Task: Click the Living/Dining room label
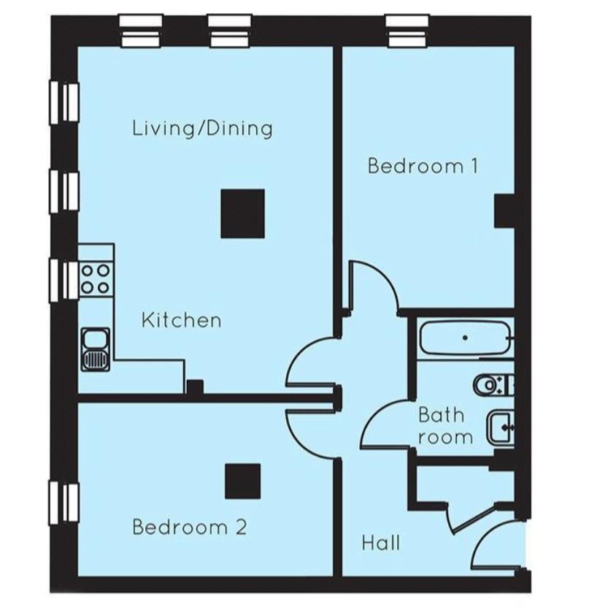click(x=202, y=129)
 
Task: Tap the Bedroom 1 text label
click(x=423, y=166)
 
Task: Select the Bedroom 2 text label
click(x=189, y=527)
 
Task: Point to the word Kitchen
click(x=181, y=320)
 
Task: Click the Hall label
click(x=381, y=543)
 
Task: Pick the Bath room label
click(x=442, y=426)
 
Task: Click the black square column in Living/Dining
click(x=243, y=213)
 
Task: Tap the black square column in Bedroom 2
click(x=242, y=481)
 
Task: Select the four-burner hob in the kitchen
click(x=96, y=278)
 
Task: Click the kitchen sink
click(x=96, y=349)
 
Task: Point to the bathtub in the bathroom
click(x=465, y=338)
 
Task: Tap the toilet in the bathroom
click(x=490, y=383)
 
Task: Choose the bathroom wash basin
click(x=501, y=427)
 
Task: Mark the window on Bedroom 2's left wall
click(x=64, y=503)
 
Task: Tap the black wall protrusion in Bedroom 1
click(x=505, y=212)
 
